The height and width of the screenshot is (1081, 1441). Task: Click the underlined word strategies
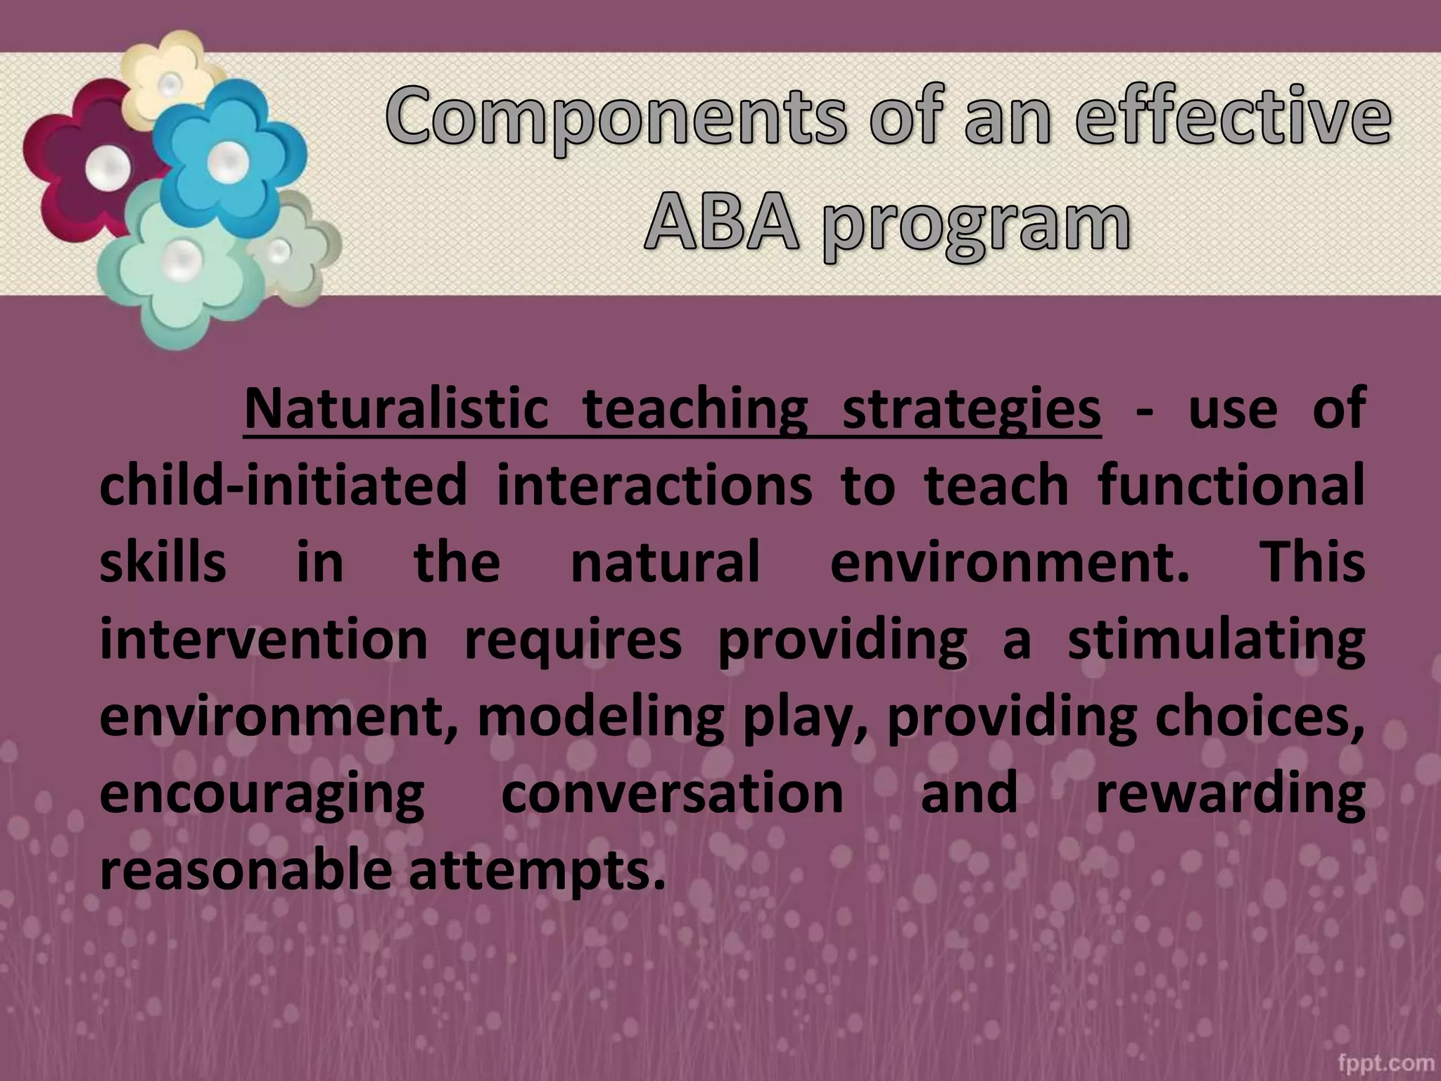971,409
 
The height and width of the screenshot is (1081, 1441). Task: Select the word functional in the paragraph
1231,486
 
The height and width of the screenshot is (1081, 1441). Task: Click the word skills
163,562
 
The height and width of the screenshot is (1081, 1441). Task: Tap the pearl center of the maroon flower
108,168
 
